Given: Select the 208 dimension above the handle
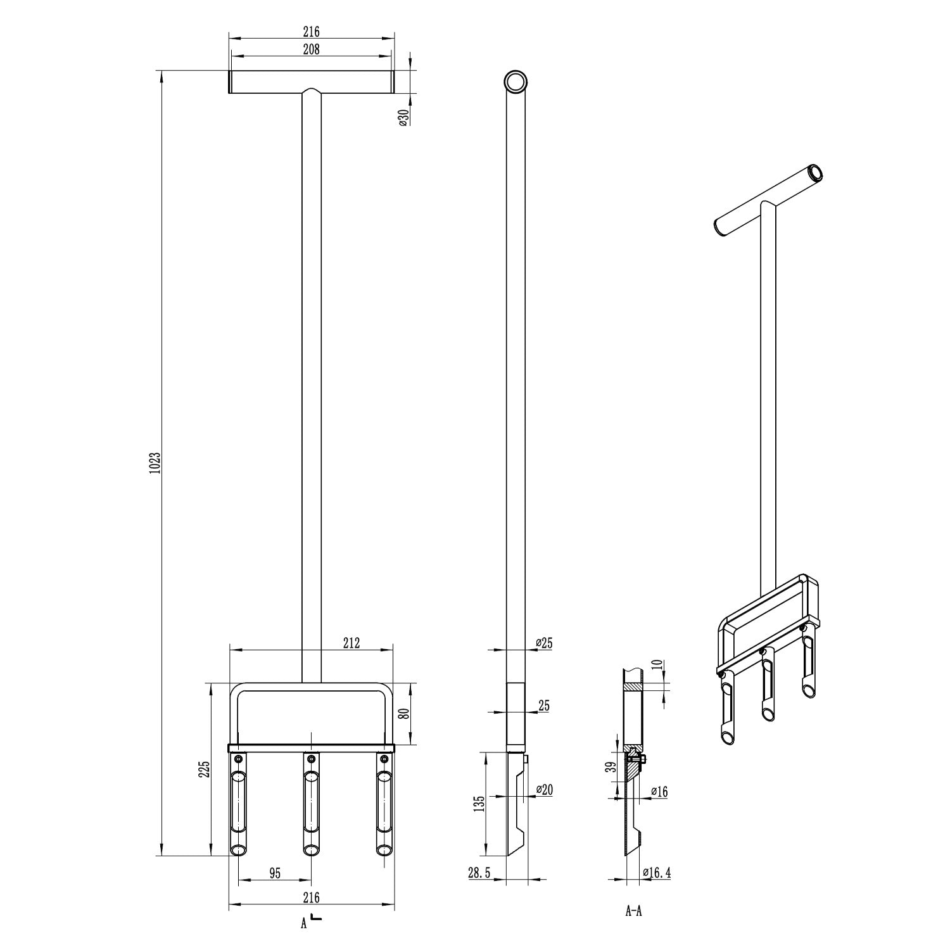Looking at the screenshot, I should [x=310, y=49].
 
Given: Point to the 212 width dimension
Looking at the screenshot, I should [x=351, y=643].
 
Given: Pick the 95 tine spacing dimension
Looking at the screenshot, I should [x=275, y=873].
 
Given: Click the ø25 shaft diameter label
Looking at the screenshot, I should [x=544, y=643].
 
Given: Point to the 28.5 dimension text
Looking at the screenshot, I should [x=479, y=873].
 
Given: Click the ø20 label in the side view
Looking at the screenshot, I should [x=544, y=790].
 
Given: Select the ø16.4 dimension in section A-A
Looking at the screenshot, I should [x=656, y=873].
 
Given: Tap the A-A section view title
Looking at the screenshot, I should [x=633, y=911].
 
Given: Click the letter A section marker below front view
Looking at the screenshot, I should [x=304, y=923].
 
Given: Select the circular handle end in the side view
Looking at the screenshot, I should [x=516, y=82].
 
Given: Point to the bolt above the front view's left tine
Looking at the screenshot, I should [x=238, y=759].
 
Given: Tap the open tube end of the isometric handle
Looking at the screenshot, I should [x=814, y=172].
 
